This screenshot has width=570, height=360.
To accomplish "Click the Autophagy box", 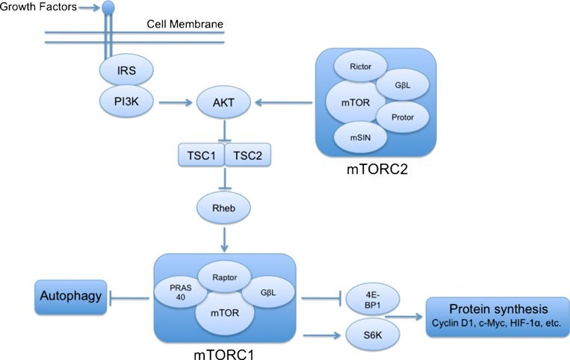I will click(69, 299).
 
